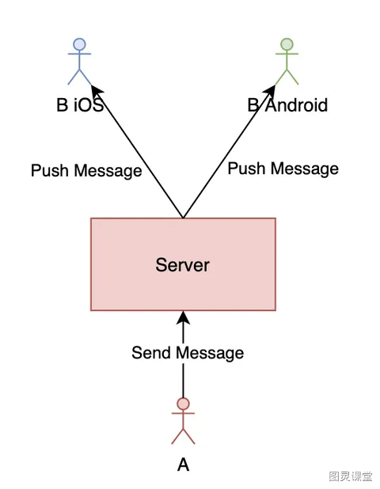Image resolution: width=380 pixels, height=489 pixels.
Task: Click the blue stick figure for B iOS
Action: [79, 62]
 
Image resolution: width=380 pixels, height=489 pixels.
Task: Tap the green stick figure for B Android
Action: [287, 62]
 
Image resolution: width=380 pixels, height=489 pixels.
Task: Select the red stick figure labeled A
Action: [183, 421]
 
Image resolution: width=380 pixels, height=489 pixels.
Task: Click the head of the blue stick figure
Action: [79, 44]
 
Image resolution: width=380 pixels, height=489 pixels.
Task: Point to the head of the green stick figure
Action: [287, 44]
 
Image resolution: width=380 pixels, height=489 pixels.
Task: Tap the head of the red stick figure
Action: [183, 404]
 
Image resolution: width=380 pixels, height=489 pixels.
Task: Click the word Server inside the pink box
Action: [183, 265]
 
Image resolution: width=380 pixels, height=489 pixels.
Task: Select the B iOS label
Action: [80, 104]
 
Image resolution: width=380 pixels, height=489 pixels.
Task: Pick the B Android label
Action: [287, 105]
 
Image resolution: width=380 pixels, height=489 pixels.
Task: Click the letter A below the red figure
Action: [184, 464]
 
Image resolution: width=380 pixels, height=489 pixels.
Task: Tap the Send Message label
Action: [188, 353]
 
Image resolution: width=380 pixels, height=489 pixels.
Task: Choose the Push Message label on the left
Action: [86, 171]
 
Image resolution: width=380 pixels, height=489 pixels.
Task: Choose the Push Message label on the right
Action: [283, 169]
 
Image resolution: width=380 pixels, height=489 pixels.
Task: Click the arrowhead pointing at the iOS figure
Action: [97, 92]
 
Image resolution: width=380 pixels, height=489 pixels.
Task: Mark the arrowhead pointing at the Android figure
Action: [269, 92]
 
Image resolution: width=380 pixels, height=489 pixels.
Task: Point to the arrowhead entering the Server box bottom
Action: [183, 318]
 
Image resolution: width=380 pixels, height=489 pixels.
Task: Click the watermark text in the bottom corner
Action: [351, 476]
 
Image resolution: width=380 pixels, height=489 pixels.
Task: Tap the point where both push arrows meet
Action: [183, 218]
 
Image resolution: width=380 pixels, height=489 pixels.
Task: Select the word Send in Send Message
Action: [151, 353]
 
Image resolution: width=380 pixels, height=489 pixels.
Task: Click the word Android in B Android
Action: [297, 105]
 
